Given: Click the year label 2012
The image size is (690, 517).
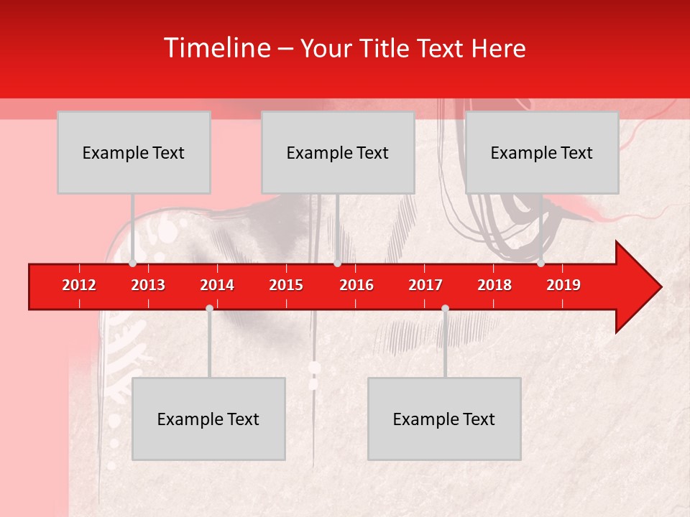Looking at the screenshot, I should (x=79, y=285).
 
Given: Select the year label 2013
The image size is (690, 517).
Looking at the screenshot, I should (x=148, y=285).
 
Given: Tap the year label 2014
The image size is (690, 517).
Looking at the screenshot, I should (x=217, y=285).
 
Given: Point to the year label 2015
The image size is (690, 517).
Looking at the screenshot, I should (x=286, y=285).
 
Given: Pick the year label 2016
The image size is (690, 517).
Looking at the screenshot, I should (x=356, y=285).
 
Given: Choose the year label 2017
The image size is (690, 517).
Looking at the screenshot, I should (x=425, y=285).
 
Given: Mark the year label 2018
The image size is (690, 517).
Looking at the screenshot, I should (x=494, y=285).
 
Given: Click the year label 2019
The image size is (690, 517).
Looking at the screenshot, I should (x=563, y=285).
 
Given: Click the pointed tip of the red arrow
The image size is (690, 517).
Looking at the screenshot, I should (x=659, y=287).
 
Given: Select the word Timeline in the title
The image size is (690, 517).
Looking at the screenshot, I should (x=216, y=48).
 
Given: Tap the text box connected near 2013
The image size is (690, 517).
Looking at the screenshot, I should (x=134, y=152).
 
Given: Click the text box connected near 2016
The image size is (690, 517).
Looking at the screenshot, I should (x=338, y=152).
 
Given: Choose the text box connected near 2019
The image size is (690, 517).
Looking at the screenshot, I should (x=542, y=152).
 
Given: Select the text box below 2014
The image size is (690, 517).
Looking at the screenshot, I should (x=208, y=419).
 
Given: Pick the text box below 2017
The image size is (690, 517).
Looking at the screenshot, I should (x=444, y=419).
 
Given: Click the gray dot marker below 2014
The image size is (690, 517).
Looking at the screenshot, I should (x=209, y=309).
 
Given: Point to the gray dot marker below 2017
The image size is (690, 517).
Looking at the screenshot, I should (x=445, y=309).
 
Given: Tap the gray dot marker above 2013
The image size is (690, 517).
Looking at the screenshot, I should (x=132, y=263).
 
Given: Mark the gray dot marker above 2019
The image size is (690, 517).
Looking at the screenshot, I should (x=540, y=263).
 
